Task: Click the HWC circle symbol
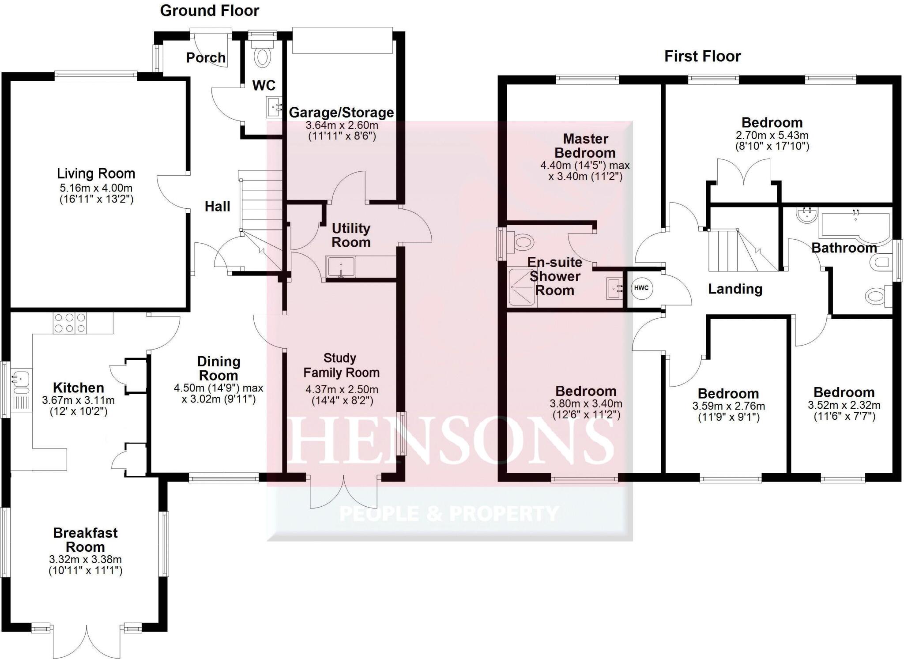[641, 288]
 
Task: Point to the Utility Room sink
[340, 267]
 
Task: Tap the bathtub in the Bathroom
[855, 226]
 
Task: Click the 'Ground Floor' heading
[209, 11]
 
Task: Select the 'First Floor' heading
[702, 56]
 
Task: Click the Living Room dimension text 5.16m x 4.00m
[96, 188]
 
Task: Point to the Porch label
[206, 57]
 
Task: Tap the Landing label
[735, 289]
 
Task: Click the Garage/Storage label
[341, 113]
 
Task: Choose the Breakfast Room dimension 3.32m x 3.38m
[85, 559]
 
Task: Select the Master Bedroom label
[585, 146]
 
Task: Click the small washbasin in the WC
[274, 107]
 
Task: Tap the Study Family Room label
[341, 365]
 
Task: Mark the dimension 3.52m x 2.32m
[844, 405]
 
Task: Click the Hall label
[217, 207]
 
